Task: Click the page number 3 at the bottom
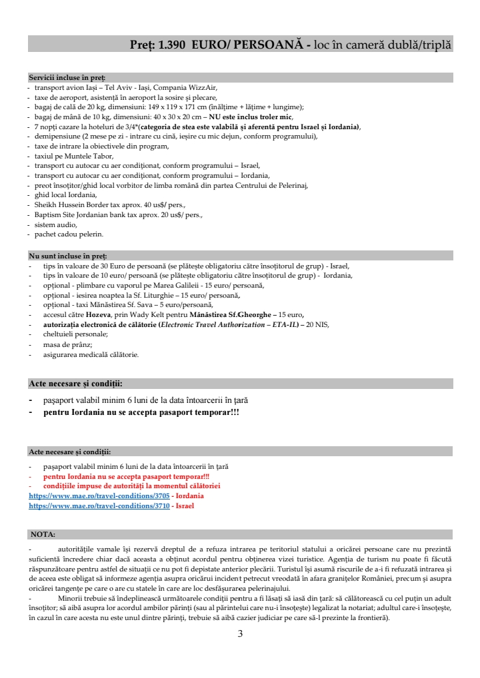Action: (240, 634)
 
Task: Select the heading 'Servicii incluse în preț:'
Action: (67, 78)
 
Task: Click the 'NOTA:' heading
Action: (43, 534)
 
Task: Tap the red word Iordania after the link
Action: (189, 496)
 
